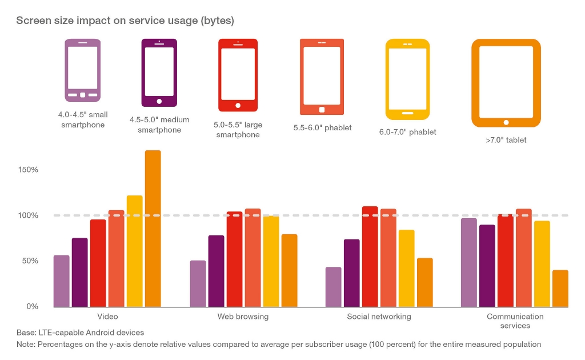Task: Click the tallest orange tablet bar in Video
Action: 153,229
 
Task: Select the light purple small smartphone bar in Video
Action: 62,281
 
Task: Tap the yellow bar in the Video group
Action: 135,251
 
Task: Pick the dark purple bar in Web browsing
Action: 216,271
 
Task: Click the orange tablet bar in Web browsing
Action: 289,270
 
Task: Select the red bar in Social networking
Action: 370,257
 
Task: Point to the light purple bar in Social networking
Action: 333,287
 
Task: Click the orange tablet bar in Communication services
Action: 560,288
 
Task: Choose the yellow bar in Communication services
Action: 542,263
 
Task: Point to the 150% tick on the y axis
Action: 27,170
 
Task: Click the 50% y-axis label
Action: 29,261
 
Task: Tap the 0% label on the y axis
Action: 31,306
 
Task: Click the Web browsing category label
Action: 243,317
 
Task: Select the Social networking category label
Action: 379,317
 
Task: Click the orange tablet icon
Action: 506,83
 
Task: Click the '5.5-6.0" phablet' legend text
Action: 322,128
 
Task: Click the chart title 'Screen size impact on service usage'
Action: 125,21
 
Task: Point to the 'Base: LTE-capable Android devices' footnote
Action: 80,333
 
